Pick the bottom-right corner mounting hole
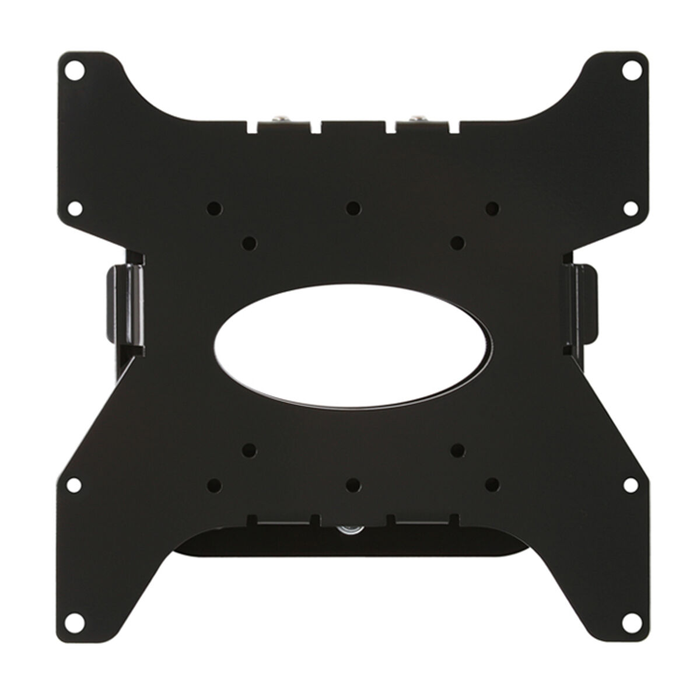629,629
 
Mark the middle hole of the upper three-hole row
351,206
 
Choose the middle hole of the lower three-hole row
351,484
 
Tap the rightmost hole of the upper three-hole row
492,206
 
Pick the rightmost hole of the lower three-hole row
492,484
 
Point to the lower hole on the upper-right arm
629,208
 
